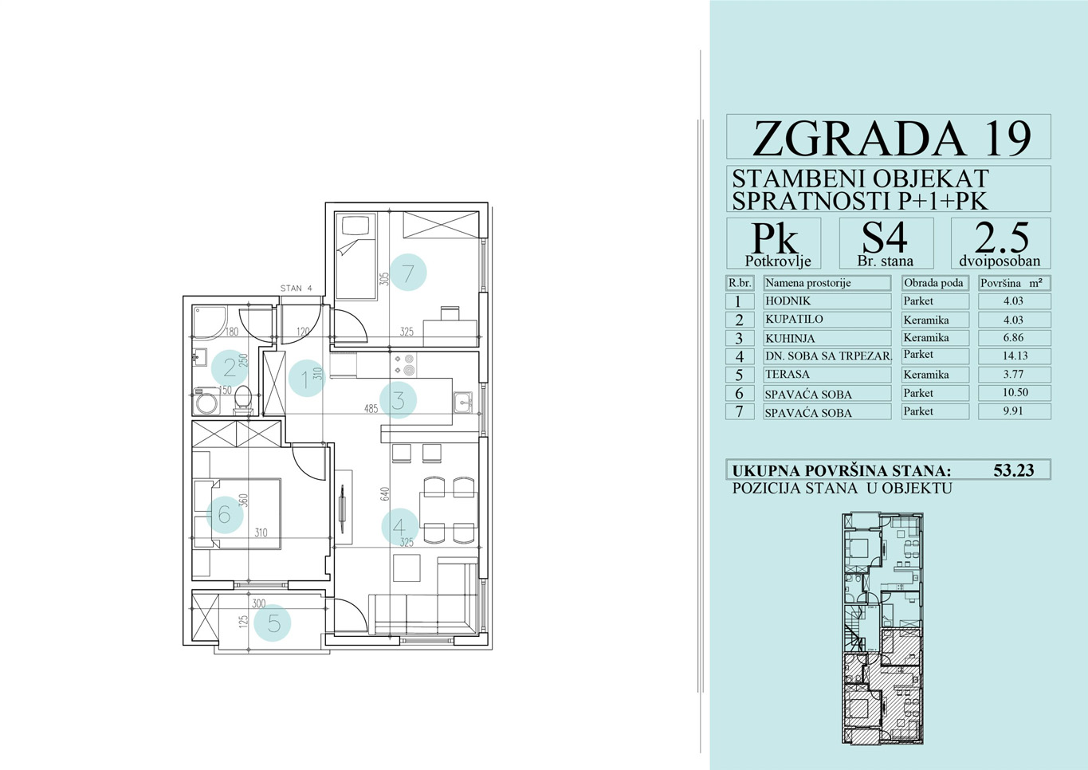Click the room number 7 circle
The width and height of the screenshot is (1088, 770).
408,273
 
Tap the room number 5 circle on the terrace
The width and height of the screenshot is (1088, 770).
273,623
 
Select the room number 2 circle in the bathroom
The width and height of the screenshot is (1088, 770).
230,368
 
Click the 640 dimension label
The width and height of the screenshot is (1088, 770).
385,493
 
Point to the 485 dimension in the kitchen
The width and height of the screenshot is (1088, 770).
371,409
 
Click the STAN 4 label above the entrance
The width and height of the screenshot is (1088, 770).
296,288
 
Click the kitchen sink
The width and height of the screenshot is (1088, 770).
463,403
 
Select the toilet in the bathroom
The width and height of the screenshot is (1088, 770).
242,400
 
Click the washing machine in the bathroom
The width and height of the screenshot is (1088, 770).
206,401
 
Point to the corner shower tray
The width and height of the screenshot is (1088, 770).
210,321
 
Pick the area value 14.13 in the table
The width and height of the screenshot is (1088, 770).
1015,356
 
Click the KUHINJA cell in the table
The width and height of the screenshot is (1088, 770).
827,338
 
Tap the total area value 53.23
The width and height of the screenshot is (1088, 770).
1014,470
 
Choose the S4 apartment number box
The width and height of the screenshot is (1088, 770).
886,243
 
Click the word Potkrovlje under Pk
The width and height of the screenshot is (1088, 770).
778,261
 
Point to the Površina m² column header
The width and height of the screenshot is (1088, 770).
1014,283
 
